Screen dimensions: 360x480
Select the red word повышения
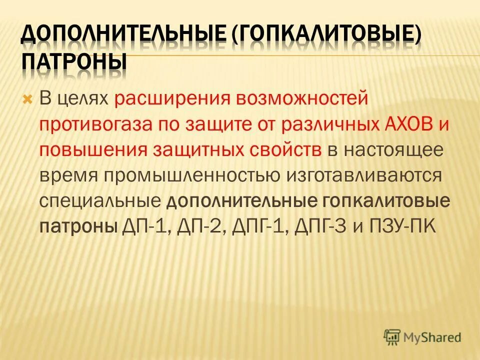(93, 150)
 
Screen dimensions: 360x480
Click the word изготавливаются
(365, 176)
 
